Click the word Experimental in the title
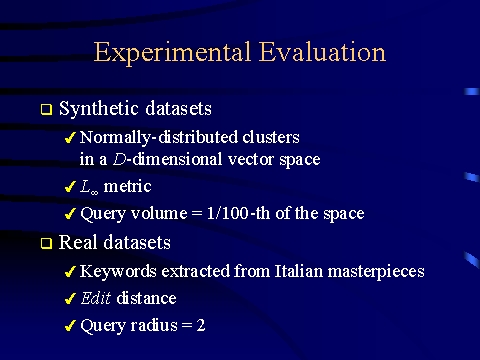(172, 53)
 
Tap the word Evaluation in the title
(322, 52)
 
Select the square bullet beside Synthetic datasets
(46, 109)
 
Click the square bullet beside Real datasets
(46, 243)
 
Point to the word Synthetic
(99, 109)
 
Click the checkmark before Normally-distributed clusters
(69, 137)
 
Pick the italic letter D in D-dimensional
(119, 159)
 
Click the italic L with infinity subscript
(89, 187)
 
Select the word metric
(127, 186)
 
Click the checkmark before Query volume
(69, 214)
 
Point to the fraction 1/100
(228, 213)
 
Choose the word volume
(159, 213)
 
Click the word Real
(78, 242)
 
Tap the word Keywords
(118, 271)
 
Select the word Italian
(299, 271)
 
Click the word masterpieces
(376, 272)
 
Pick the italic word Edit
(95, 298)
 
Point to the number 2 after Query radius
(201, 325)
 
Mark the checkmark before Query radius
(69, 326)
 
